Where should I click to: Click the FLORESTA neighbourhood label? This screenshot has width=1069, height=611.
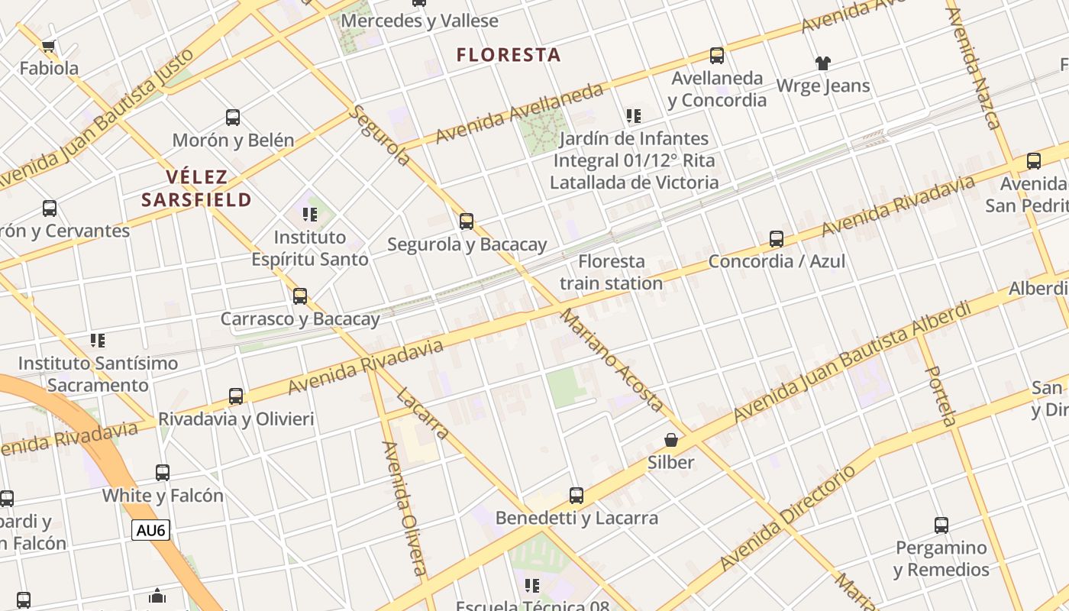click(x=509, y=55)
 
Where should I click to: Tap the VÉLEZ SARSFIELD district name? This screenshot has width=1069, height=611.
click(x=196, y=189)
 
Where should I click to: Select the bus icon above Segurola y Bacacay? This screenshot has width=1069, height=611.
click(x=467, y=221)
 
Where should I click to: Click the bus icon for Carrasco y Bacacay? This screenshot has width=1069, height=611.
click(x=300, y=296)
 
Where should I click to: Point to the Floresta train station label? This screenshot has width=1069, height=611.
click(x=611, y=272)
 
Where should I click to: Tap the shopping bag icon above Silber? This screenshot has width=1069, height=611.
click(x=671, y=440)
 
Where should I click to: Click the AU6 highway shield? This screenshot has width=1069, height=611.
click(x=150, y=530)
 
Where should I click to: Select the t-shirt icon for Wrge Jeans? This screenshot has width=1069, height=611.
click(x=822, y=63)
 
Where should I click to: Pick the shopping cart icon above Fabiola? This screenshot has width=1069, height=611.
click(x=49, y=46)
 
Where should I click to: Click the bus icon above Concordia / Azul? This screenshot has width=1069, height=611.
click(x=777, y=238)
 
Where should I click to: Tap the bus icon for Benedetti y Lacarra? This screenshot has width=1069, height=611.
click(x=576, y=495)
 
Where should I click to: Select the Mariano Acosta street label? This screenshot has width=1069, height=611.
click(x=612, y=360)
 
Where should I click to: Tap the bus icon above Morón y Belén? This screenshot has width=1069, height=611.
click(x=233, y=118)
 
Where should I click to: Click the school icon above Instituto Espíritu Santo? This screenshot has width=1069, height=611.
click(x=309, y=214)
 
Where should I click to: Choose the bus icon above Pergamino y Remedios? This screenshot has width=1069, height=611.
click(x=941, y=525)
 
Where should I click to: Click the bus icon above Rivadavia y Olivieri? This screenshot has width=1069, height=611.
click(x=236, y=396)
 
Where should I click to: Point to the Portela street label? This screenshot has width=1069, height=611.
click(x=940, y=396)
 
